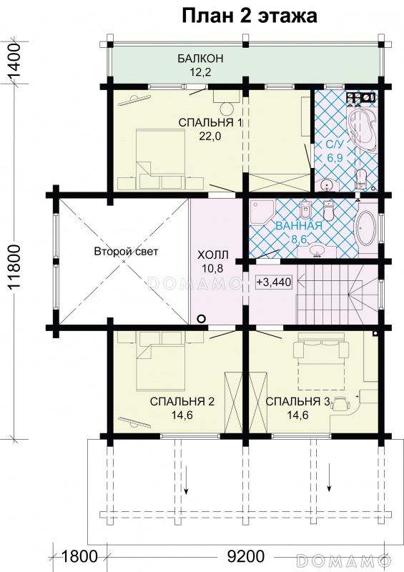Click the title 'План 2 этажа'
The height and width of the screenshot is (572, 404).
point(250,16)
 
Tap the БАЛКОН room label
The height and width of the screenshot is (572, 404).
point(200,59)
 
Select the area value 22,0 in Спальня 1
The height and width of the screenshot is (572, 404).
point(210,136)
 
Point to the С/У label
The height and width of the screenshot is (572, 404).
point(335,144)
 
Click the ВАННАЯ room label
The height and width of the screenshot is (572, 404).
point(299,225)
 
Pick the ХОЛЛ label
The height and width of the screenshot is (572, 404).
point(213,255)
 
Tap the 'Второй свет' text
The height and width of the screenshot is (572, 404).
point(126,252)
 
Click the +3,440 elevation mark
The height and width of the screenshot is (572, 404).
point(274,282)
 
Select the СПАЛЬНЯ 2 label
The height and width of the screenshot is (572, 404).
point(182,401)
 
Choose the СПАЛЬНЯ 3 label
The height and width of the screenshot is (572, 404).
point(297,401)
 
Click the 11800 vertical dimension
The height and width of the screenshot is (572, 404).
point(14,266)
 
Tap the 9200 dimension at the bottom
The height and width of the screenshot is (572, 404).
point(245,557)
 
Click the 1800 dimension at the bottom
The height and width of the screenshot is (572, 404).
point(79,557)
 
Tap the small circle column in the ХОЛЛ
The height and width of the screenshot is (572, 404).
point(201,318)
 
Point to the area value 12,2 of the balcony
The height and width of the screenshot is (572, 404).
point(200,72)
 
